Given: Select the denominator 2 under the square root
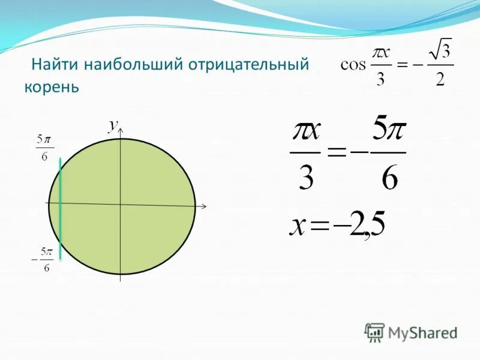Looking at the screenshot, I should tap(440, 80).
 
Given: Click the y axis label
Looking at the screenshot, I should tap(112, 124).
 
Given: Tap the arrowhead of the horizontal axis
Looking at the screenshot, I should tap(203, 206).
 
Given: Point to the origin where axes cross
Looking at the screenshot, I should tap(121, 205).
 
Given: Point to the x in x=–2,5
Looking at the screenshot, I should tap(298, 226).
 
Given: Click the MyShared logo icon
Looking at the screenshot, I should tap(374, 332).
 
